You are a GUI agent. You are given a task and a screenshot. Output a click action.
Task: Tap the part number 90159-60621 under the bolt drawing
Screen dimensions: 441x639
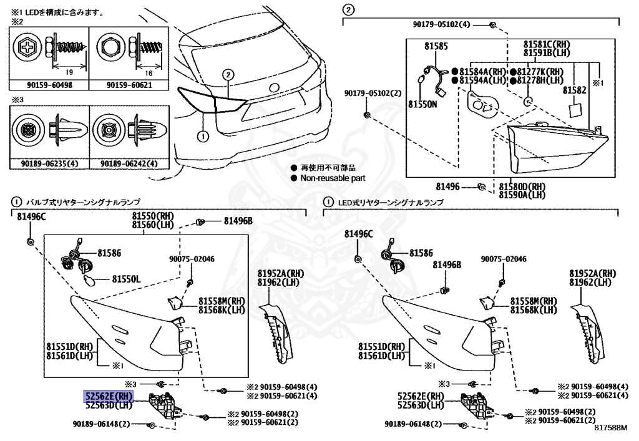pyautogui.click(x=129, y=85)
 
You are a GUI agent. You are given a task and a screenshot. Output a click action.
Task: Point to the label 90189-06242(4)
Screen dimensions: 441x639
pyautogui.click(x=129, y=164)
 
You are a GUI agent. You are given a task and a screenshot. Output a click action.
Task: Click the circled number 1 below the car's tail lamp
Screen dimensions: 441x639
pyautogui.click(x=202, y=135)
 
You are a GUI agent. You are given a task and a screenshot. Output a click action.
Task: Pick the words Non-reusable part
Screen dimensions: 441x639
pyautogui.click(x=333, y=178)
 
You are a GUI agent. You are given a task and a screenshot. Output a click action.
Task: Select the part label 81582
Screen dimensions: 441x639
pyautogui.click(x=574, y=90)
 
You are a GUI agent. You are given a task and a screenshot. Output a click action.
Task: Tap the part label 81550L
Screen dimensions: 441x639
pyautogui.click(x=127, y=278)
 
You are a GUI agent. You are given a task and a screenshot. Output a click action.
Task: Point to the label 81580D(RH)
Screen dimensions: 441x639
pyautogui.click(x=522, y=186)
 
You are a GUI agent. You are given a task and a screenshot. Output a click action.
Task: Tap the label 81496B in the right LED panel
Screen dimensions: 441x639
pyautogui.click(x=447, y=264)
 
